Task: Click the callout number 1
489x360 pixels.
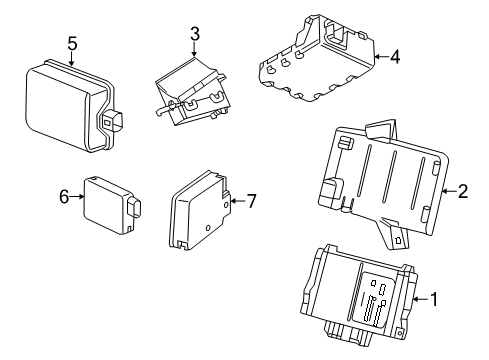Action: pyautogui.click(x=436, y=298)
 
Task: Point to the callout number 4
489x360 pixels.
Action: pyautogui.click(x=395, y=57)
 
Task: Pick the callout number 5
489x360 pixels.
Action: pyautogui.click(x=72, y=42)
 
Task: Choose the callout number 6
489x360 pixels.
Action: pyautogui.click(x=65, y=197)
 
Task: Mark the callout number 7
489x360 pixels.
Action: pyautogui.click(x=251, y=201)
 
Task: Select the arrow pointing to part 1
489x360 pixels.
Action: pyautogui.click(x=420, y=298)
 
